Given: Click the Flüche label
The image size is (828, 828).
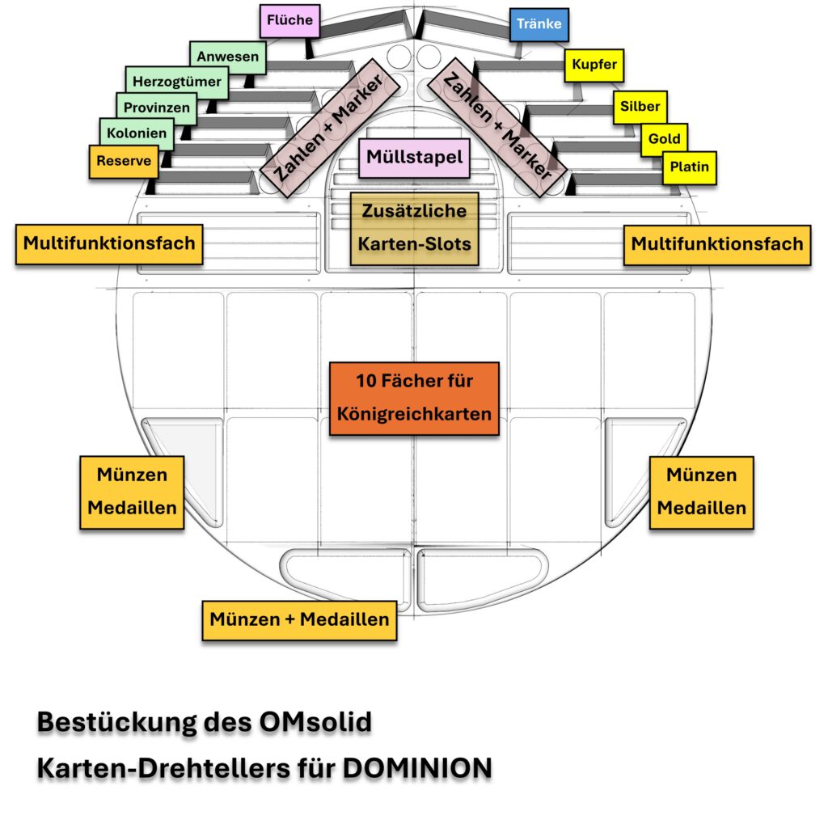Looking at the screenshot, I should [289, 20].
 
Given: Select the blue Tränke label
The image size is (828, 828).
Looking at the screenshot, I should [540, 24].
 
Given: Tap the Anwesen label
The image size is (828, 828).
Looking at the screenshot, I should [228, 57].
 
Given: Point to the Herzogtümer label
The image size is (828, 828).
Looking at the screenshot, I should [177, 82].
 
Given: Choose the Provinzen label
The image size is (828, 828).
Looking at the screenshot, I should [157, 108].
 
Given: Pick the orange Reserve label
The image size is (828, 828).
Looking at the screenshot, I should [124, 161].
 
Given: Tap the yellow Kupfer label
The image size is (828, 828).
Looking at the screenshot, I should [594, 65].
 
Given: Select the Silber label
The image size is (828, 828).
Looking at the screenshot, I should [640, 107].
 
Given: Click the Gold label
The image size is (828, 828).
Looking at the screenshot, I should [665, 139].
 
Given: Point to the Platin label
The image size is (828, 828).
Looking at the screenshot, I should [689, 167].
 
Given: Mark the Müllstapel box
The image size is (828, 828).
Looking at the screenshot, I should [414, 157].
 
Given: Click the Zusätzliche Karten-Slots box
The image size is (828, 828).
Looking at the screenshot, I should [414, 227].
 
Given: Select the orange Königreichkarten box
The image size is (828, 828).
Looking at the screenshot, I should [414, 398].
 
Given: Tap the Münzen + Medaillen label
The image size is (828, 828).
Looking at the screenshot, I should [299, 620].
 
